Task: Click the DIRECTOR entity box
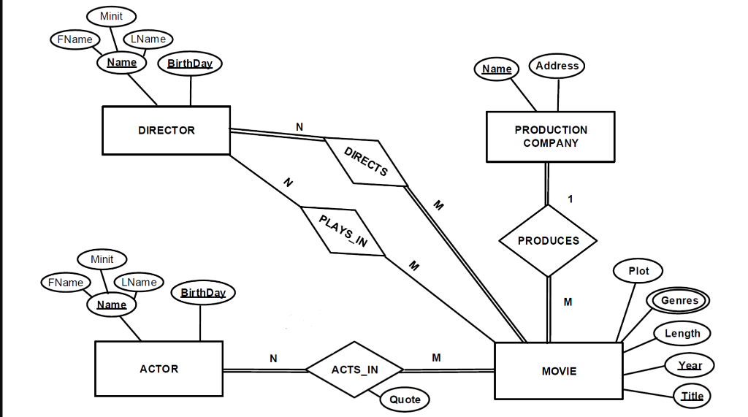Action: [x=166, y=130]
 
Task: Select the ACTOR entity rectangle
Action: [x=159, y=369]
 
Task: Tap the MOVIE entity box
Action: [x=559, y=371]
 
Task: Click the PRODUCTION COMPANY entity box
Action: [x=551, y=137]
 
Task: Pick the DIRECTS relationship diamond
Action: [x=366, y=162]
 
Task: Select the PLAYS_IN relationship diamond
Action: [x=343, y=231]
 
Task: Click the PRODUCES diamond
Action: [x=548, y=240]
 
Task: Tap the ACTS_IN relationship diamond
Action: [x=355, y=370]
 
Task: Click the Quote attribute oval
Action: [x=405, y=399]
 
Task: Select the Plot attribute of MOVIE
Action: [x=638, y=270]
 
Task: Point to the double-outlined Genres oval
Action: [x=679, y=300]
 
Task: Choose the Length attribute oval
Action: [x=682, y=333]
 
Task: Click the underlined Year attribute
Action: [x=690, y=365]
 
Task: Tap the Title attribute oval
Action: [x=692, y=396]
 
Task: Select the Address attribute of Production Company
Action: [x=557, y=66]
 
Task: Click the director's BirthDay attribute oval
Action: [x=190, y=64]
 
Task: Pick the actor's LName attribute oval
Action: [x=139, y=282]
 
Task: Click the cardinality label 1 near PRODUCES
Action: [x=570, y=199]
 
